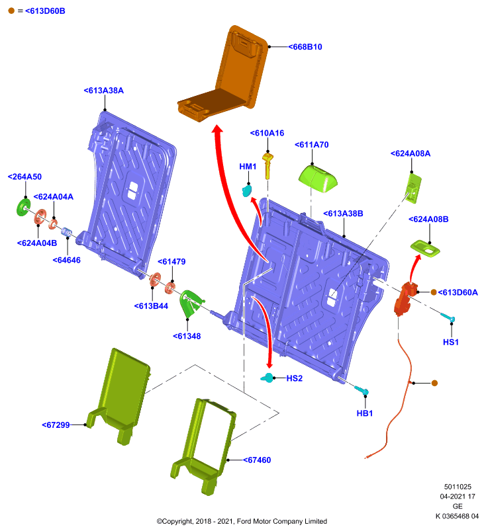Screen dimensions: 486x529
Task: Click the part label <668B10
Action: coord(305,47)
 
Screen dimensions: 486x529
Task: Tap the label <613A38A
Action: coord(104,91)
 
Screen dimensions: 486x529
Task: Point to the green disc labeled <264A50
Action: coord(23,207)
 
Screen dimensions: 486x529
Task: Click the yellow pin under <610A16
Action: coord(267,166)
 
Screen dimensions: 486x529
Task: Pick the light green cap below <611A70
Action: coord(318,179)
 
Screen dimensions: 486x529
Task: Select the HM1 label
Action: coord(248,167)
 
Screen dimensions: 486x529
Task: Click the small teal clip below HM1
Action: coord(246,190)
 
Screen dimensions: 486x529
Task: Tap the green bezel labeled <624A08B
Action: coord(425,249)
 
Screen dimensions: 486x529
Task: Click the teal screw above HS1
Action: coord(448,317)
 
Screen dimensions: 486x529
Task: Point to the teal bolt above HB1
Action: coord(362,391)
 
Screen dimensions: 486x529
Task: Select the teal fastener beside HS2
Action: coord(267,378)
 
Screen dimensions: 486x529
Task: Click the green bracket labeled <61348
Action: coord(191,304)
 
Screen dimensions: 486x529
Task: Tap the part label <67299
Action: coord(56,425)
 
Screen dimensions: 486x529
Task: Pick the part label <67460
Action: coord(257,460)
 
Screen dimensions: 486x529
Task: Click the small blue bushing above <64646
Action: coord(66,232)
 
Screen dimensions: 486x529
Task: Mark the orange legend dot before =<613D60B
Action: coord(11,11)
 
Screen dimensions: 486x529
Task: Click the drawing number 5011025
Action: coord(458,487)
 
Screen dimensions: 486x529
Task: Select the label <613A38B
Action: coord(343,214)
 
